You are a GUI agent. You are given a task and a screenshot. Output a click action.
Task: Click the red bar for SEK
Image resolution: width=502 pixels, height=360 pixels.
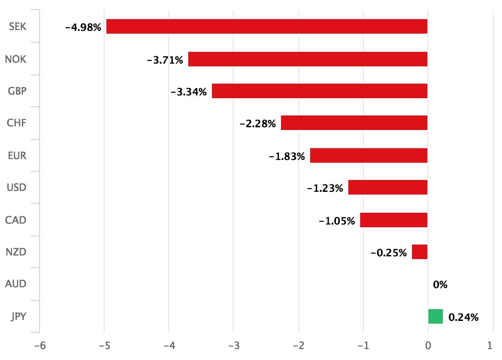click(267, 26)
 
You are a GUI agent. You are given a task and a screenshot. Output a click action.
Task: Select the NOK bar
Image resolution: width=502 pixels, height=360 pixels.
click(308, 59)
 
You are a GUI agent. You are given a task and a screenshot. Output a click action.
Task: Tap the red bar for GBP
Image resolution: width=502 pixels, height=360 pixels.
click(320, 91)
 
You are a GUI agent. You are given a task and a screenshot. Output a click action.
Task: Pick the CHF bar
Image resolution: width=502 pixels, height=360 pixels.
click(354, 123)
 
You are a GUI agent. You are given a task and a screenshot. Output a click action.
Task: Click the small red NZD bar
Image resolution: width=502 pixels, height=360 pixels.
click(420, 252)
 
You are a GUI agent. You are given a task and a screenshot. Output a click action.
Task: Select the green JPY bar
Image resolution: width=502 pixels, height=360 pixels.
click(435, 316)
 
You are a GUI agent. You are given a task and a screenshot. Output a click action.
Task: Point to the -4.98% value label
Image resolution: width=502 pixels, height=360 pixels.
click(83, 27)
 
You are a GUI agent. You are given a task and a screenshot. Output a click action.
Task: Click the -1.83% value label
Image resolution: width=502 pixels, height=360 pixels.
click(286, 156)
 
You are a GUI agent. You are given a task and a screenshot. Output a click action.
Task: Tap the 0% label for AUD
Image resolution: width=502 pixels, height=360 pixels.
click(440, 285)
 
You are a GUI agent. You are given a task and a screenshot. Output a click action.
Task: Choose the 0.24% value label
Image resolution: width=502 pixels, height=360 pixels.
click(463, 317)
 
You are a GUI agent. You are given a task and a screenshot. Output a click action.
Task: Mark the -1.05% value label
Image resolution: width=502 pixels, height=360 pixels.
click(336, 221)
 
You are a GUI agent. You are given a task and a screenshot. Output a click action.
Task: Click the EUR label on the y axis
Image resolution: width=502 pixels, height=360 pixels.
click(17, 155)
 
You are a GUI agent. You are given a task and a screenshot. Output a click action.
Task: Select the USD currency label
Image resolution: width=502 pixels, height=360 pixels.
click(16, 187)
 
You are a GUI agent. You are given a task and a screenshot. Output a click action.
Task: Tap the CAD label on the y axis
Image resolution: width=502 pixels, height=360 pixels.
click(15, 220)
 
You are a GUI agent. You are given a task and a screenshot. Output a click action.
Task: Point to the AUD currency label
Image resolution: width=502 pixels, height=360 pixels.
click(15, 284)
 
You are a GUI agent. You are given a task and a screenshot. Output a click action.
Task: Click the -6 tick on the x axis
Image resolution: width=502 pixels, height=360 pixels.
click(39, 346)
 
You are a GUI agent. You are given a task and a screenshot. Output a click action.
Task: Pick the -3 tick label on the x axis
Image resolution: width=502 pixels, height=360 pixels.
click(233, 346)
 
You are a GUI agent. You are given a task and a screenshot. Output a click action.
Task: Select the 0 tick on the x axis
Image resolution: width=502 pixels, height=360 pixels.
click(427, 346)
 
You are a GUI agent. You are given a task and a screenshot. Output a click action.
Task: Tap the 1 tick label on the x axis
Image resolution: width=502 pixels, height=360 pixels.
click(490, 346)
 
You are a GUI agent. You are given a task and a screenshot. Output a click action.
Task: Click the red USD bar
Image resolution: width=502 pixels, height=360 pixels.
click(388, 187)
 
